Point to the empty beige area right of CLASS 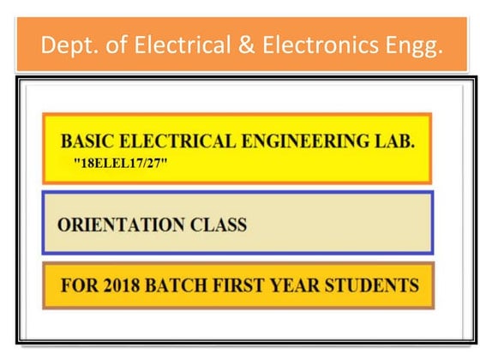343,225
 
